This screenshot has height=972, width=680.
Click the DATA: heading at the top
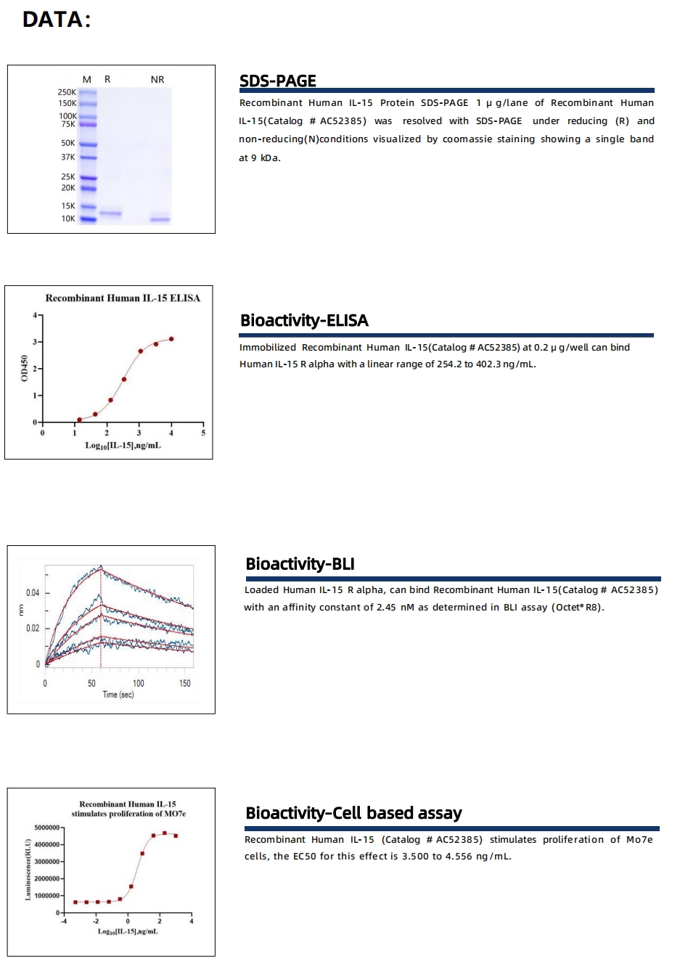click(x=56, y=20)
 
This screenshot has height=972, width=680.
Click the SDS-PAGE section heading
click(x=277, y=81)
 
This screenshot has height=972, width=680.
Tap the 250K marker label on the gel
click(x=67, y=92)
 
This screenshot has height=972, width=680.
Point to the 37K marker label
click(x=68, y=157)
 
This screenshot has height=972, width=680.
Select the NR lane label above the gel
click(x=157, y=79)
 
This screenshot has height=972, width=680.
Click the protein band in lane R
click(x=110, y=213)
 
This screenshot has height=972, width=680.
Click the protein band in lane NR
click(x=160, y=219)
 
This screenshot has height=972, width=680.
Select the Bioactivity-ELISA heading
click(x=304, y=320)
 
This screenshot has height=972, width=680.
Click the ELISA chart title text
click(x=123, y=298)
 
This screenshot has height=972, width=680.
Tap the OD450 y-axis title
click(x=23, y=368)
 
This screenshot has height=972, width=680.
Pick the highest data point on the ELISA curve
click(x=171, y=339)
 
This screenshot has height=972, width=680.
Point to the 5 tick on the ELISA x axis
click(x=203, y=433)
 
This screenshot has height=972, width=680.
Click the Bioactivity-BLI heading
click(x=300, y=564)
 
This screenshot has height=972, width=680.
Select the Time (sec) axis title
click(x=118, y=695)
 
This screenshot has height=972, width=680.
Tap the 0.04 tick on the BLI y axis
click(x=33, y=593)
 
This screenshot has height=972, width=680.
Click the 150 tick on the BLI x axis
click(x=185, y=683)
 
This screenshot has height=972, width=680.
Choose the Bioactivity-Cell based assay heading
click(x=353, y=813)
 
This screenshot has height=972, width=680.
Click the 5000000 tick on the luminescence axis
click(x=46, y=828)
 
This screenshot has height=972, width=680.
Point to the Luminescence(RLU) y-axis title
click(x=28, y=869)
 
